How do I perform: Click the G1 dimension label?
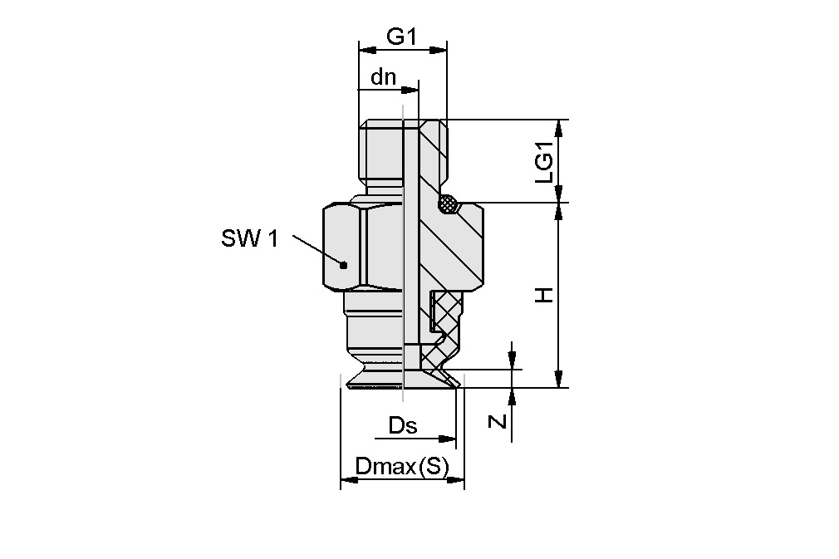[x=401, y=37]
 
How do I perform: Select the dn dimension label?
[x=383, y=77]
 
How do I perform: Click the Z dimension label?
[x=497, y=421]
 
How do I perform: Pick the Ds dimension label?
[x=403, y=426]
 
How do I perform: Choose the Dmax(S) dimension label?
[x=401, y=468]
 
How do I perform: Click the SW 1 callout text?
[x=249, y=239]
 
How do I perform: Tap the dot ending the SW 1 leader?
[x=343, y=264]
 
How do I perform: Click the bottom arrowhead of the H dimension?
[x=561, y=380]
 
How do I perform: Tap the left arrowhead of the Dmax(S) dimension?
[x=347, y=480]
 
